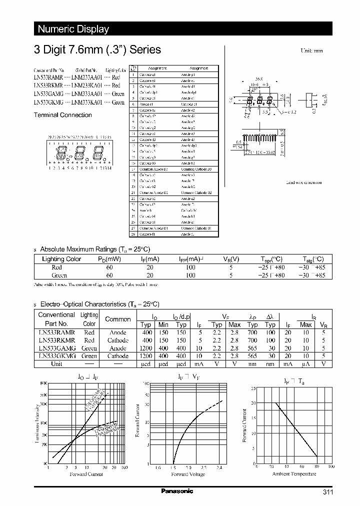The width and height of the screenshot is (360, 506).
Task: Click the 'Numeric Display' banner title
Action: [73, 29]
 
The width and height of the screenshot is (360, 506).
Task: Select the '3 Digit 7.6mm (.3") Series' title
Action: [97, 49]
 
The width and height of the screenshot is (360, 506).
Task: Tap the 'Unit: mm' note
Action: [311, 51]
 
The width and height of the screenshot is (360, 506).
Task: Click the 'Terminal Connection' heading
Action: [62, 115]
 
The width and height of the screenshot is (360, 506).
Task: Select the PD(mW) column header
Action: [109, 259]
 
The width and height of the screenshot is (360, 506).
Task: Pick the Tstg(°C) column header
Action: [313, 259]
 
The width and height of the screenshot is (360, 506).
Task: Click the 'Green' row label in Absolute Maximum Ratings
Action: [59, 275]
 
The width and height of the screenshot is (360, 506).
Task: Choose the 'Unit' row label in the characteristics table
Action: [56, 363]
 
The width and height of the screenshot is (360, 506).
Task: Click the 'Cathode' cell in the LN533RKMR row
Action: [118, 340]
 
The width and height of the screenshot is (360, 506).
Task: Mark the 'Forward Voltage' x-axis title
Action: [188, 474]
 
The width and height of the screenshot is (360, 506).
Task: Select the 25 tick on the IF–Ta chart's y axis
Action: [253, 388]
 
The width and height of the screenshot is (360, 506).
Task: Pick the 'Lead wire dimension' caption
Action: [304, 182]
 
